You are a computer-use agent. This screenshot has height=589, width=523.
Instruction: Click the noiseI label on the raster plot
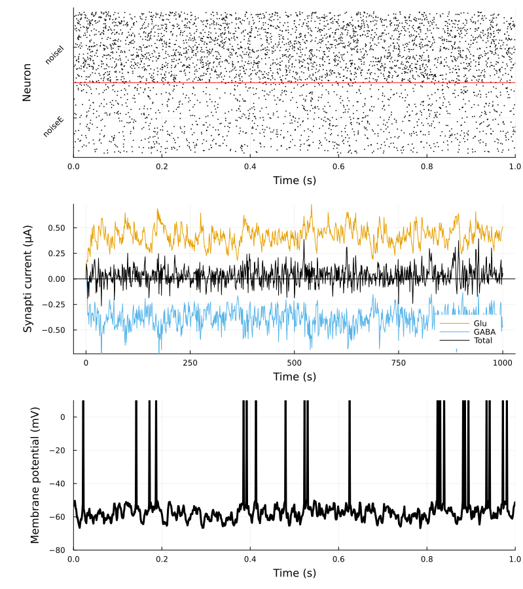[x=54, y=54]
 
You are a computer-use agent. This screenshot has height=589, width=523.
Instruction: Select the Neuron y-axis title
[x=27, y=82]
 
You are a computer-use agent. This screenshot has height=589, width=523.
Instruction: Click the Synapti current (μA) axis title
[x=27, y=278]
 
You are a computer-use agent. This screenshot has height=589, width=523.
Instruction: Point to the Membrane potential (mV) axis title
[x=35, y=475]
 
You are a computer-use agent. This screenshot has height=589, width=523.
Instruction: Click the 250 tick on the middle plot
[x=190, y=362]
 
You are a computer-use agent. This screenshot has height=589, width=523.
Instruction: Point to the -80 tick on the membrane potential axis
[x=61, y=550]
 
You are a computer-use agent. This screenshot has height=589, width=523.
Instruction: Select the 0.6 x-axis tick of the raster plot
[x=338, y=166]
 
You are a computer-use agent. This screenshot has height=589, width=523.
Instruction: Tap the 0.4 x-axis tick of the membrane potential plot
[x=250, y=559]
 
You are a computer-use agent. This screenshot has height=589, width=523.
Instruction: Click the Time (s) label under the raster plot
[x=294, y=180]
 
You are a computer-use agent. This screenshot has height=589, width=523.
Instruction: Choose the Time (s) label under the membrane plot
[x=294, y=573]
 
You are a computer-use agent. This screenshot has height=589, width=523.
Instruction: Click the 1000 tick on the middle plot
[x=503, y=362]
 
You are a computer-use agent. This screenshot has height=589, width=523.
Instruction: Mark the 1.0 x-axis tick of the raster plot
[x=515, y=166]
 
